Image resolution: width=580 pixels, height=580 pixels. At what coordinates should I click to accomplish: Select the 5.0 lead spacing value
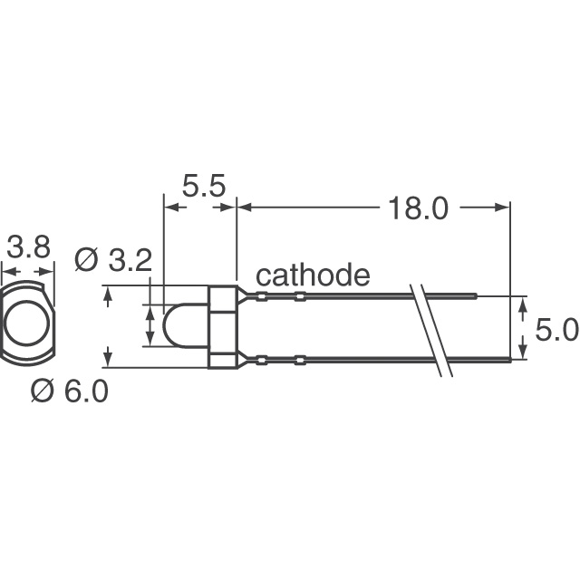coord(556,331)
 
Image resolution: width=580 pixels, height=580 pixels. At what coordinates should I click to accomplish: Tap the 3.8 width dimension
coord(28,247)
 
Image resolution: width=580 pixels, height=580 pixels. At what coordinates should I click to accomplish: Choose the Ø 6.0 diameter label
coord(69,391)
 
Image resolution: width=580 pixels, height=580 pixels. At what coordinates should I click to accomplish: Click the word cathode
coord(313,275)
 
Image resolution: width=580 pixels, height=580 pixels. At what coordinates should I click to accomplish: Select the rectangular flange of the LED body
coord(223,327)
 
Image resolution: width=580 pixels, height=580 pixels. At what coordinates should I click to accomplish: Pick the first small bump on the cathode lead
coord(262,295)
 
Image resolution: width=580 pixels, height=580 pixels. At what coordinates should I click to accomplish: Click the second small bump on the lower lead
coord(300,361)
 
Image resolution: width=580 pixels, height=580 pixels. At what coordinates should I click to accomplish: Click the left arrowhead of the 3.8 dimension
coord(5,270)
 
